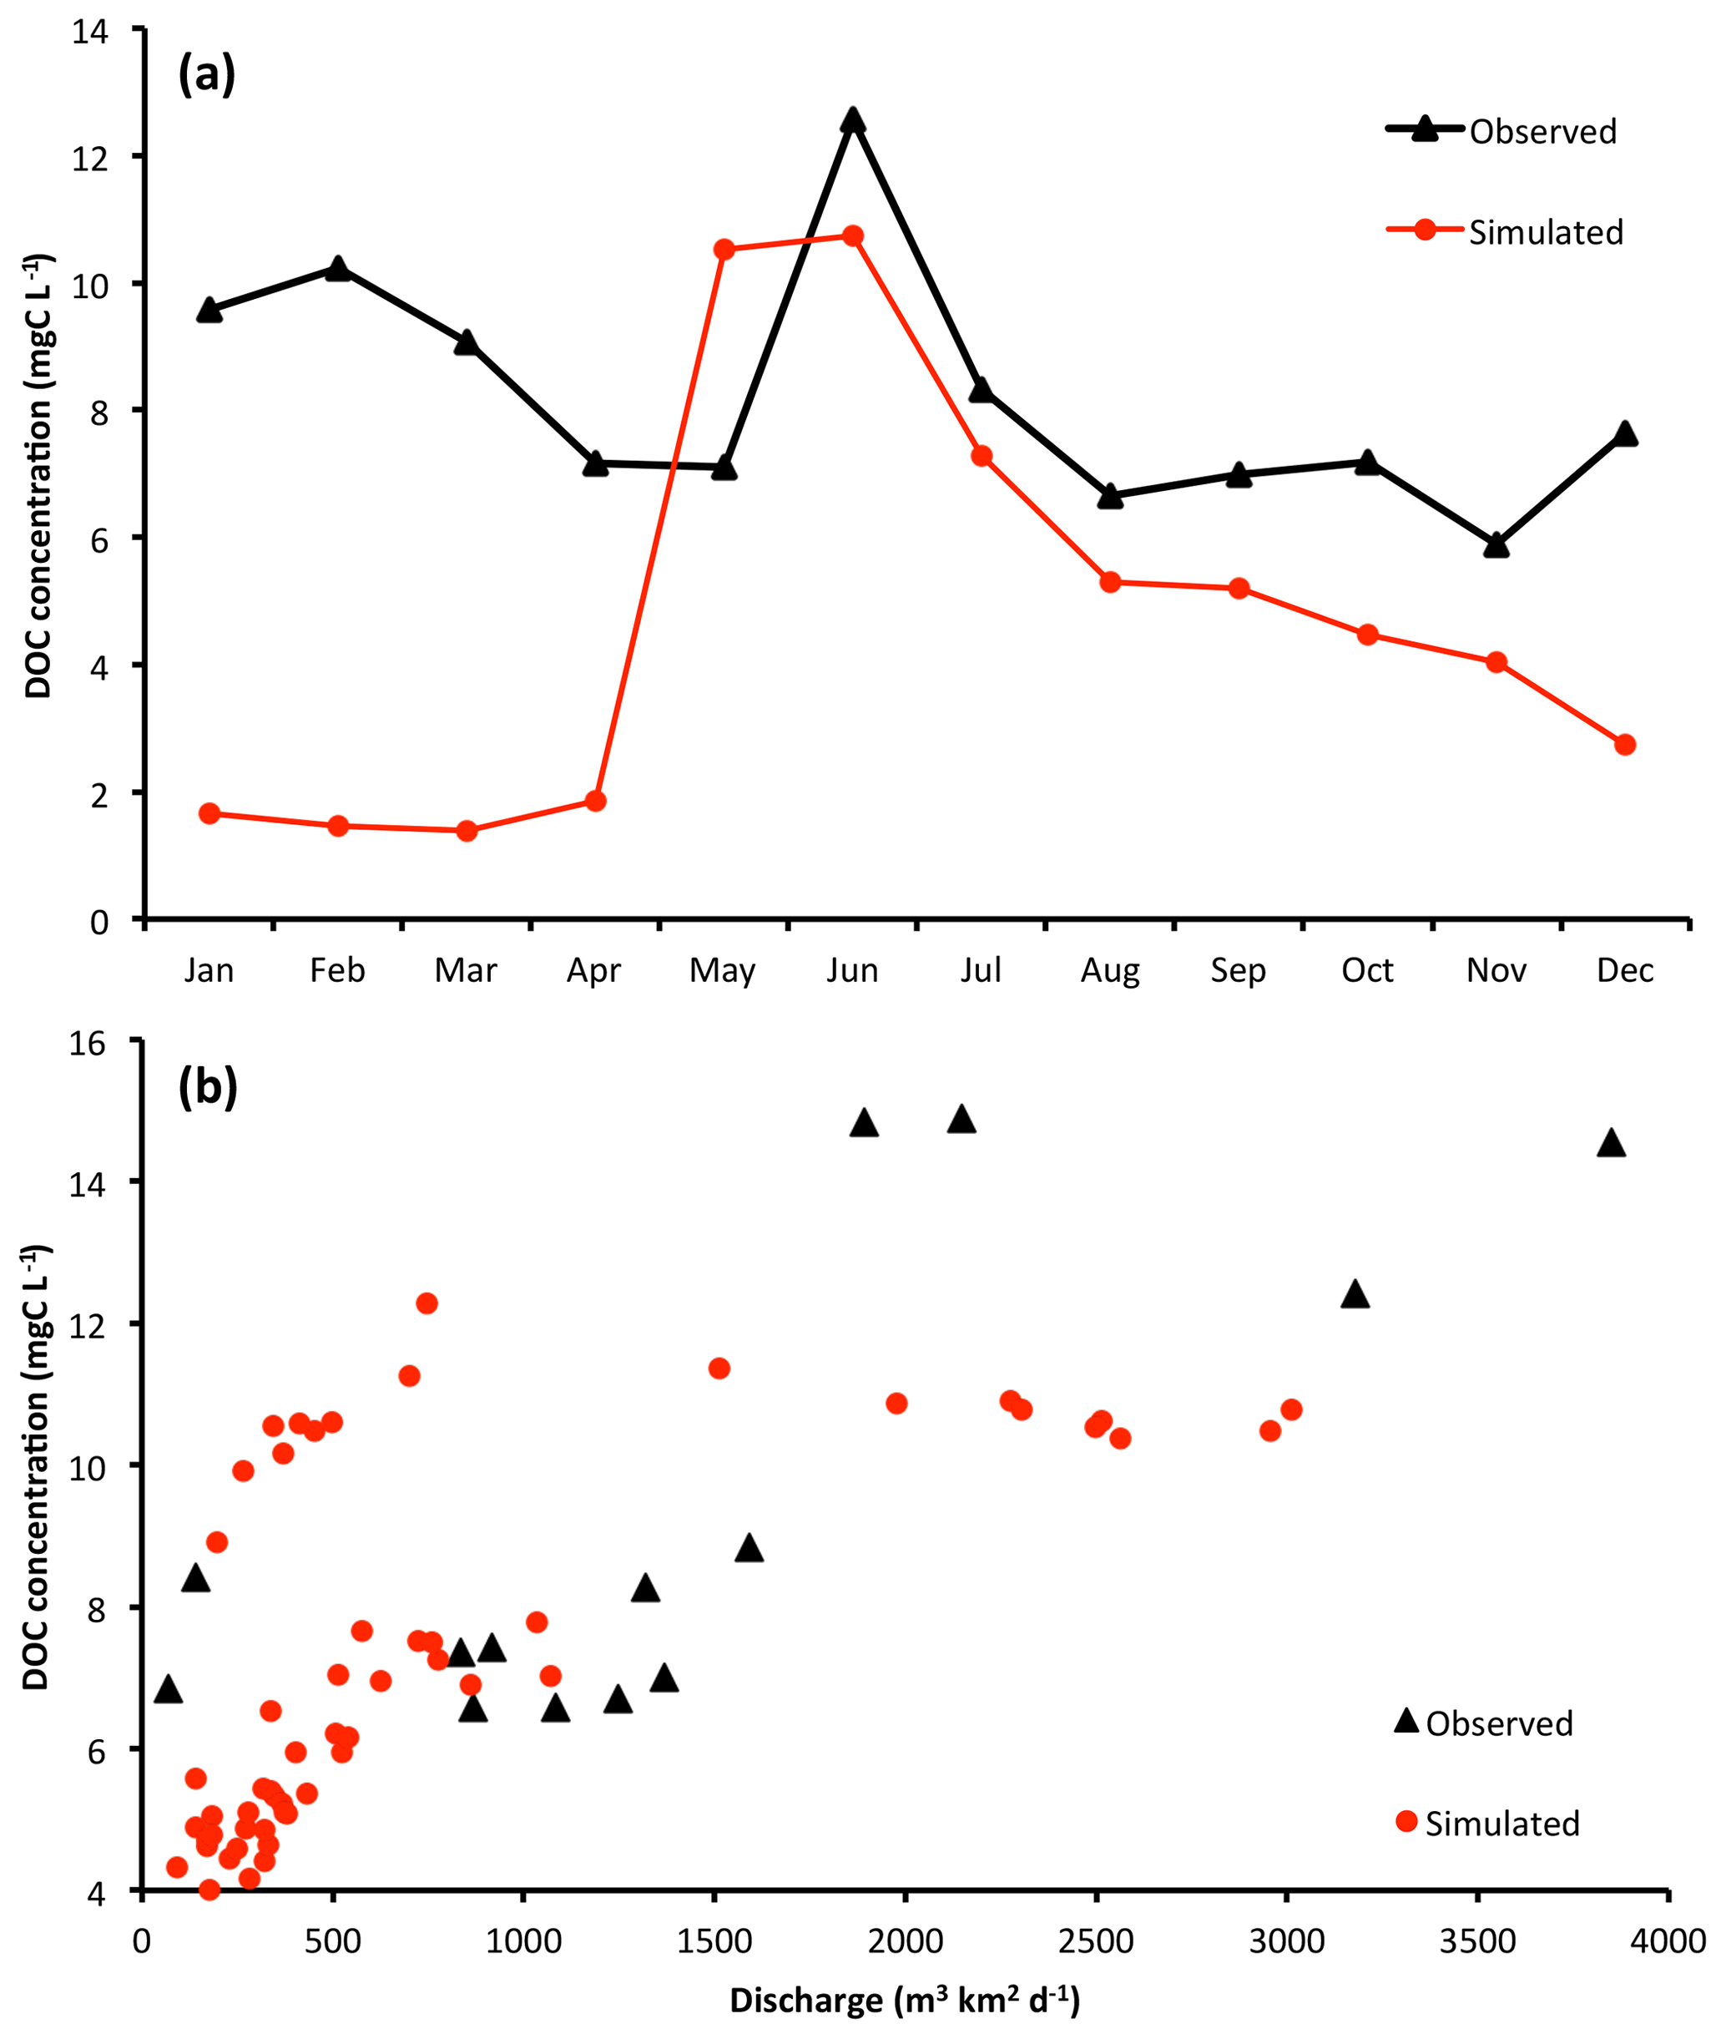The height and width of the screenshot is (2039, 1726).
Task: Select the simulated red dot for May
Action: tap(724, 249)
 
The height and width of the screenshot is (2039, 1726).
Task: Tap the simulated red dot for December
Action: tap(1625, 745)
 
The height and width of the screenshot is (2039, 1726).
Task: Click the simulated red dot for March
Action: tap(467, 831)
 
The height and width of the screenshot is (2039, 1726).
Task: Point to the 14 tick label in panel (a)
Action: tap(90, 32)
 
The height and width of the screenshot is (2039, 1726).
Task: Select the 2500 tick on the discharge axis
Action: tap(1096, 1940)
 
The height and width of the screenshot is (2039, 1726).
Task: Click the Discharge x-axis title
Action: tap(905, 2000)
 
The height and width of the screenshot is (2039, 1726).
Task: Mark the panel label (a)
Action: tap(206, 74)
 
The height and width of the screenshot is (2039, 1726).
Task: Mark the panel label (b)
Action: tap(208, 1086)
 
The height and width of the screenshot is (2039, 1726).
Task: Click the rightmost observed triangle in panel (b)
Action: tap(1611, 1144)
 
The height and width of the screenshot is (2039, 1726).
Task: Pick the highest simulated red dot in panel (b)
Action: tap(426, 1303)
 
